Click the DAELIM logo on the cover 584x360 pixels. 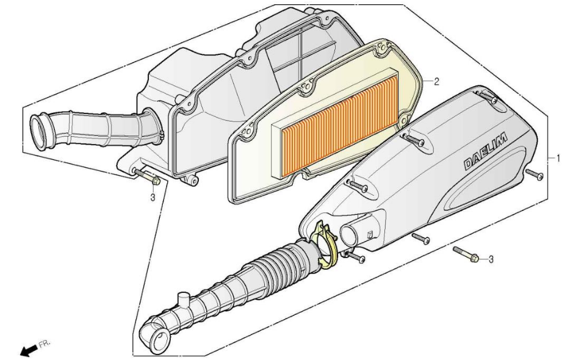(x=485, y=151)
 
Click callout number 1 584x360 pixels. (x=558, y=158)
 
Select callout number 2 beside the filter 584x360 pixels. (x=436, y=82)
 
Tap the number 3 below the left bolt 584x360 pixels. (x=153, y=197)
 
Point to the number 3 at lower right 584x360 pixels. (x=491, y=259)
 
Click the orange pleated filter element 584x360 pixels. (x=339, y=122)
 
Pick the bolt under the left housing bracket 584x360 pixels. (x=146, y=176)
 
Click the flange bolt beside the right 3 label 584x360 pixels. (x=466, y=254)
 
